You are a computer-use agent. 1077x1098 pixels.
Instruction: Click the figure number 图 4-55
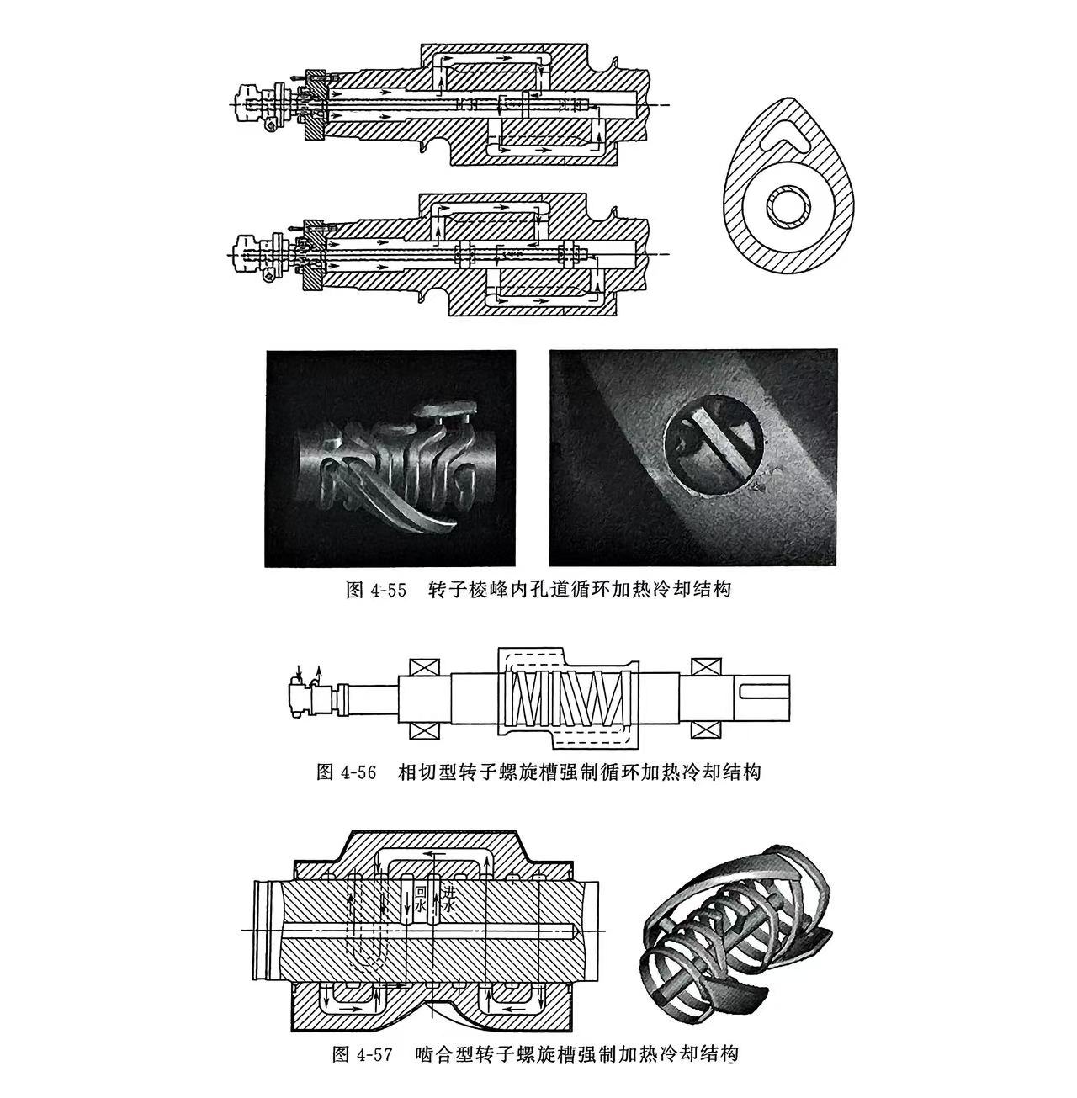click(x=376, y=589)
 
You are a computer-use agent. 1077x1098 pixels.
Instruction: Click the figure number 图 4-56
click(x=346, y=772)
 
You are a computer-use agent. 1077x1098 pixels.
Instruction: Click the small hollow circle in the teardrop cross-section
click(x=788, y=206)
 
